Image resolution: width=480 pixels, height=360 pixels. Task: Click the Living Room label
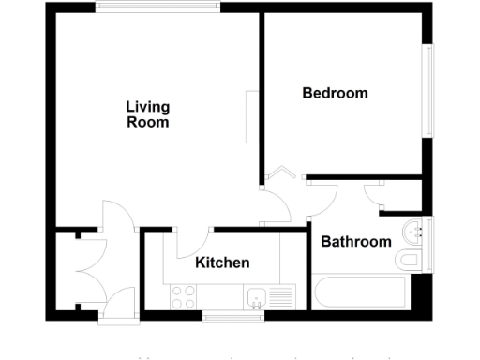pyautogui.click(x=148, y=114)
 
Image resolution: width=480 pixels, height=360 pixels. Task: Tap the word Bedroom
pyautogui.click(x=335, y=94)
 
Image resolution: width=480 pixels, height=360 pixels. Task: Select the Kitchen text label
pyautogui.click(x=222, y=262)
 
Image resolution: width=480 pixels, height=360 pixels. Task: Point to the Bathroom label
pyautogui.click(x=356, y=242)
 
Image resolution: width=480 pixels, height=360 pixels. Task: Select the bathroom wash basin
pyautogui.click(x=414, y=231)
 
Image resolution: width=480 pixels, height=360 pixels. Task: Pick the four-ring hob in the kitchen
pyautogui.click(x=184, y=298)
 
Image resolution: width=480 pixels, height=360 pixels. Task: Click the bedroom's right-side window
pyautogui.click(x=431, y=89)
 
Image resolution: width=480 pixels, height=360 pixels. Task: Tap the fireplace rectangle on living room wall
pyautogui.click(x=251, y=117)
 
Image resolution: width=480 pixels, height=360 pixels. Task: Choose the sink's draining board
pyautogui.click(x=280, y=298)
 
